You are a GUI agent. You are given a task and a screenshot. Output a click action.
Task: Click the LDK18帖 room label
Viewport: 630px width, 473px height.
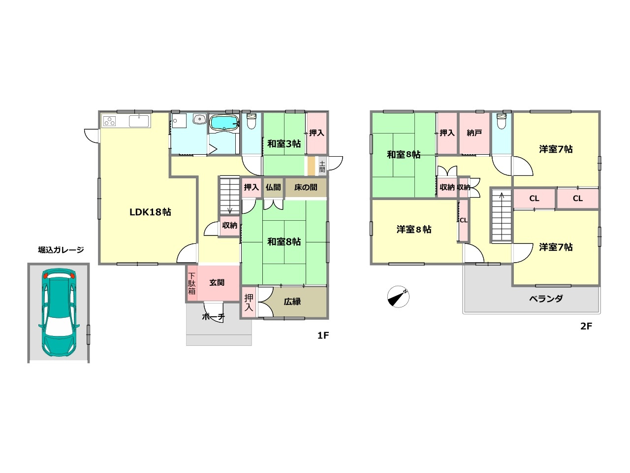coord(150,212)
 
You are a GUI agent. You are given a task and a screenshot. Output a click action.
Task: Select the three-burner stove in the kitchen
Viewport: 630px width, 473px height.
coord(110,121)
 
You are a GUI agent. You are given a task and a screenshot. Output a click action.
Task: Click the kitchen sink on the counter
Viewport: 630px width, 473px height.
coord(139,121)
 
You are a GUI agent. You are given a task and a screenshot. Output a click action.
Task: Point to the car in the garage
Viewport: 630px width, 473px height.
coord(59,313)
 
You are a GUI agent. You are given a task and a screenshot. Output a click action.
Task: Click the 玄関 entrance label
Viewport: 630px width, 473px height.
coord(217,283)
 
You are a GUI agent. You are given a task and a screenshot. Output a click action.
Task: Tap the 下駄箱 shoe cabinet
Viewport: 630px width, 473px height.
coord(192,283)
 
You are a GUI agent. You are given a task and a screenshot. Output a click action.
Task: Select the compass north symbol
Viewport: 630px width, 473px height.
coord(398,297)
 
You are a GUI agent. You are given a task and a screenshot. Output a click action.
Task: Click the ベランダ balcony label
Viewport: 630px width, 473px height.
coord(546,299)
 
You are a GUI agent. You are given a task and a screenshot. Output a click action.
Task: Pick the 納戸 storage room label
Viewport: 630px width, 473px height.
coord(474,133)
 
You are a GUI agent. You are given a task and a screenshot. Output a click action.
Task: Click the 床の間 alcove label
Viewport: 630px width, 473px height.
coord(306,188)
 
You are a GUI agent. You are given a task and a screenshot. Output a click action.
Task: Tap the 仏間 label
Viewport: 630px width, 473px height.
coord(273,188)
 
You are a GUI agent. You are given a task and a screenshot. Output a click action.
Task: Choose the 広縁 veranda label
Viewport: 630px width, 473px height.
coord(292,302)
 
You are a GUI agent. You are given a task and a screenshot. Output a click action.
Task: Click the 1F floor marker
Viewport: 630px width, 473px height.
coord(323,335)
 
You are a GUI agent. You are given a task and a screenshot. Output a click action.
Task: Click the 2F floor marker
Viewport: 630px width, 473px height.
coord(586,326)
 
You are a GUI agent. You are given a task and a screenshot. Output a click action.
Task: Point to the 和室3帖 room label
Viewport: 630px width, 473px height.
coord(284,143)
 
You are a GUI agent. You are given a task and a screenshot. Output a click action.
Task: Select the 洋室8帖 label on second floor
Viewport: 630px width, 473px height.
coord(414,230)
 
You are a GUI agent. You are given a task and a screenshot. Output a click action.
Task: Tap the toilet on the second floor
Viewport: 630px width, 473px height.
coord(502,121)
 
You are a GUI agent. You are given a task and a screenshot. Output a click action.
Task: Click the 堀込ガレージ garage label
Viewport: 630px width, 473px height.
coord(61,250)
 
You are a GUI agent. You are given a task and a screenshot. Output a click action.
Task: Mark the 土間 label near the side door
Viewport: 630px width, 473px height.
coord(322,167)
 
